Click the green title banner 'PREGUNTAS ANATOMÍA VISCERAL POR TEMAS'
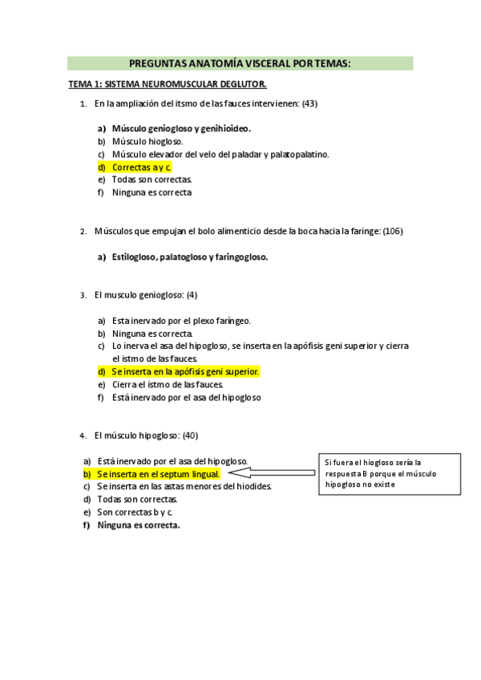coord(240,63)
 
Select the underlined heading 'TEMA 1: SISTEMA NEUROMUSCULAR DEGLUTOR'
coord(167,84)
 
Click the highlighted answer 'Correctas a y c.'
coord(141,167)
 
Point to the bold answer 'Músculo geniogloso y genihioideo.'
coord(181,128)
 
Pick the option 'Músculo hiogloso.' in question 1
coord(148,141)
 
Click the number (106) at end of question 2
coord(393,231)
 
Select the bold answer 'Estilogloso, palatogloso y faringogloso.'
coord(189,257)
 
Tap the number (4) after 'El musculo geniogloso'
coord(191,295)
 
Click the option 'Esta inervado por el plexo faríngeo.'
coord(181,321)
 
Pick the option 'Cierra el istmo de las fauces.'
coord(167,384)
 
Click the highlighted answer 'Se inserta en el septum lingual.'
coord(157,474)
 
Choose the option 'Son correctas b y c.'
coord(135,512)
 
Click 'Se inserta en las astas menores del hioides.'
coord(184,486)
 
